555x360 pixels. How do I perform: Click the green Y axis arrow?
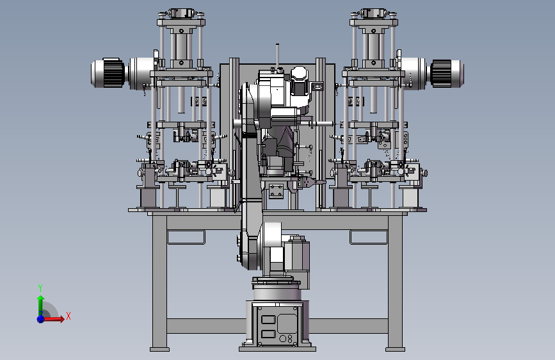coord(41,304)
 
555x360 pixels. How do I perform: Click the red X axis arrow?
coord(53,319)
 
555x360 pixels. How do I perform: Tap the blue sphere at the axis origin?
coord(41,319)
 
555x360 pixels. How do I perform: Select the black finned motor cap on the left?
coord(114,73)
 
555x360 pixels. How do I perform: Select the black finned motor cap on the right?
coord(441,73)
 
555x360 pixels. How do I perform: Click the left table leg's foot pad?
coord(159,349)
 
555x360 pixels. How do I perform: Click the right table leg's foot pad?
coord(395,349)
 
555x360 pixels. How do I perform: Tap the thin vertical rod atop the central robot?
coord(277,56)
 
